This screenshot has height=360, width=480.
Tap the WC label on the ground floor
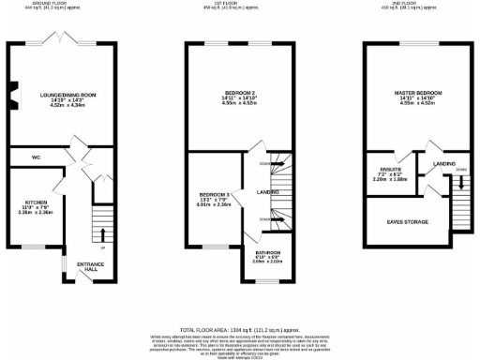point(36,157)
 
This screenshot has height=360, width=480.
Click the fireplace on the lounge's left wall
point(15,95)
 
